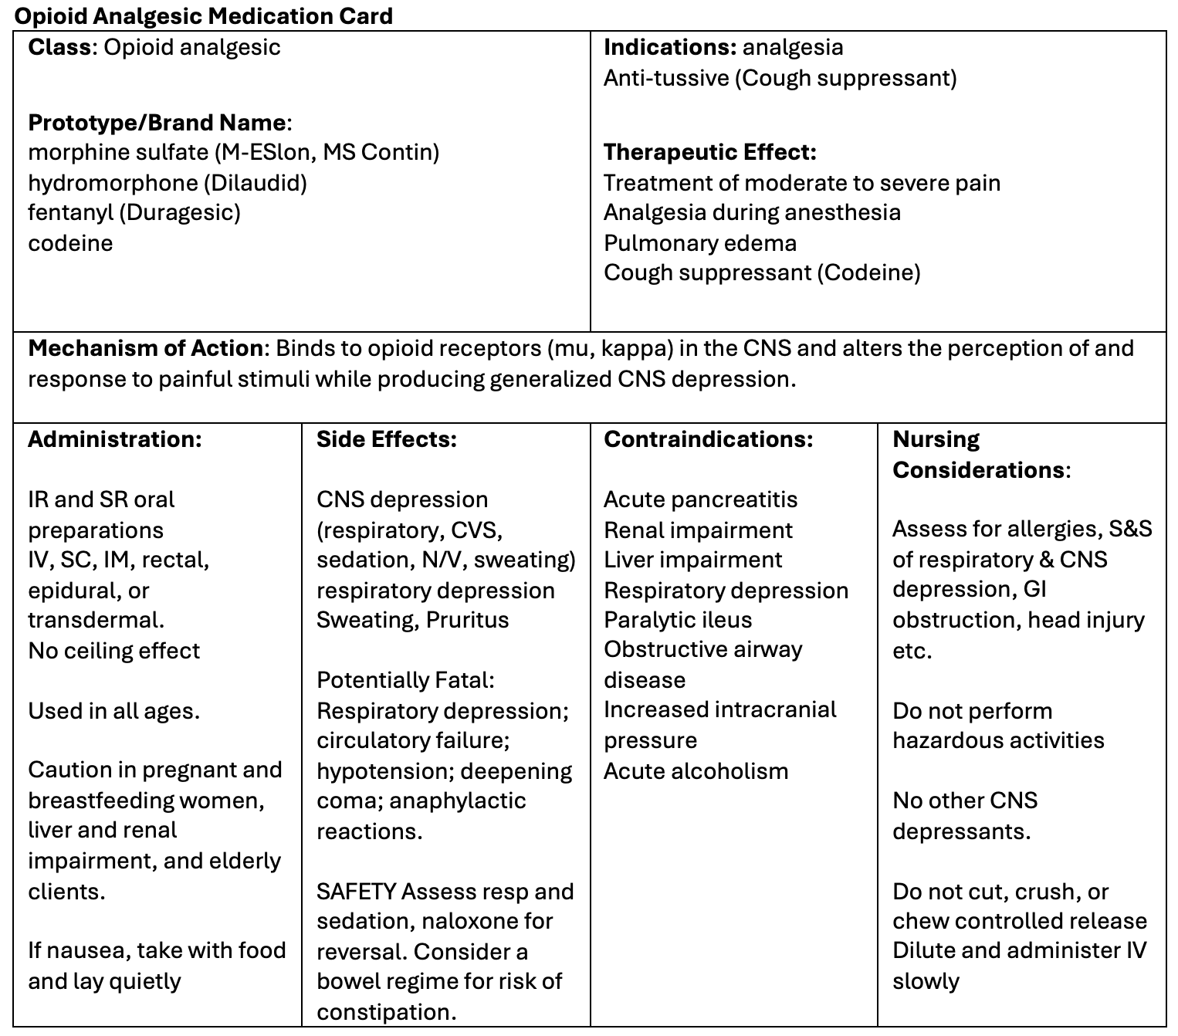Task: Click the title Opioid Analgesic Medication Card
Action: click(x=204, y=15)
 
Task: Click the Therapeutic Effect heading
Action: click(x=709, y=152)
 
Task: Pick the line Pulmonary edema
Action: click(x=699, y=243)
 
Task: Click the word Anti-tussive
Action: click(x=665, y=78)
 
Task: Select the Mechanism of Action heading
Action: click(x=145, y=348)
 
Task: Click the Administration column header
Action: click(x=115, y=439)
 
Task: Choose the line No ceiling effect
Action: click(x=113, y=651)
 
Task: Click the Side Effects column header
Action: click(x=387, y=439)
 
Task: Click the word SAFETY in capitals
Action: click(x=356, y=892)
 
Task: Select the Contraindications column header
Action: click(x=708, y=439)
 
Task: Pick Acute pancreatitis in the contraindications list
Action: click(x=700, y=499)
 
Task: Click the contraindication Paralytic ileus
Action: click(x=677, y=620)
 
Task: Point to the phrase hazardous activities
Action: click(x=998, y=740)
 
